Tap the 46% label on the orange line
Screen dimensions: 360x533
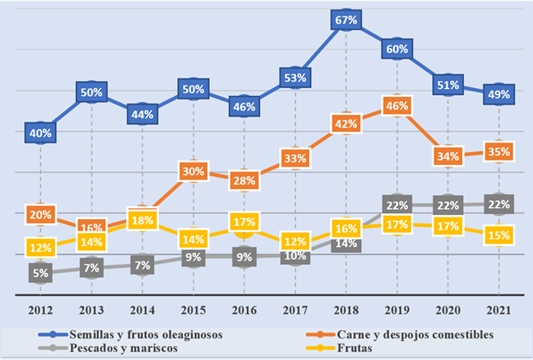pyautogui.click(x=397, y=105)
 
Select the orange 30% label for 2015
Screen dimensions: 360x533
pyautogui.click(x=194, y=172)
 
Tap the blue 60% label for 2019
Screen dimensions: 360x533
pyautogui.click(x=397, y=49)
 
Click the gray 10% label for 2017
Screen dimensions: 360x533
pyautogui.click(x=295, y=256)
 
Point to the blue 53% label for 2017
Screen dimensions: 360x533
pyautogui.click(x=295, y=79)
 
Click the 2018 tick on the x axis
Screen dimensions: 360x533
pyautogui.click(x=346, y=310)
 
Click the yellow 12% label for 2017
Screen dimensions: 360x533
pyautogui.click(x=295, y=241)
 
